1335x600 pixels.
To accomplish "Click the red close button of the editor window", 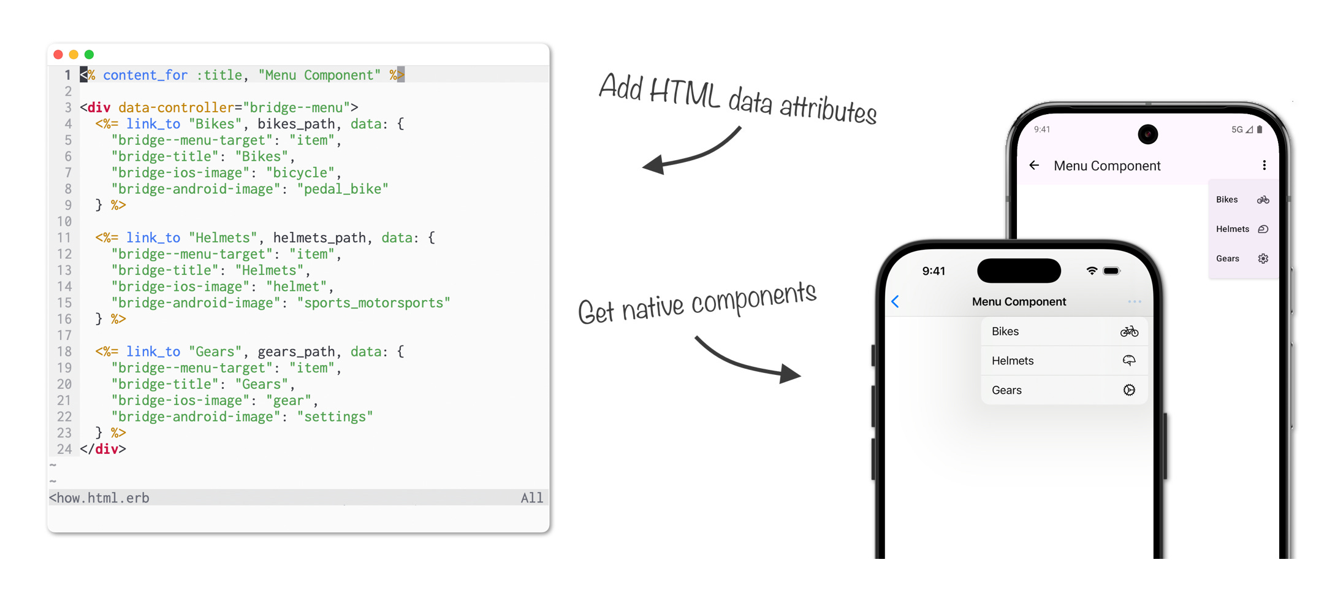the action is click(58, 55).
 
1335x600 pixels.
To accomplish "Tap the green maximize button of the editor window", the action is click(89, 55).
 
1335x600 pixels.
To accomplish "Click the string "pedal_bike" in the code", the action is click(343, 189).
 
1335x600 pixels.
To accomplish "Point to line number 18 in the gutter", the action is click(64, 352).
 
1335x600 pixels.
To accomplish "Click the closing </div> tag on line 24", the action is click(103, 449).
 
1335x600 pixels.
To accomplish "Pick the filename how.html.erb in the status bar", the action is click(99, 498).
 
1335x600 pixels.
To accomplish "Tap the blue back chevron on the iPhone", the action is click(896, 301).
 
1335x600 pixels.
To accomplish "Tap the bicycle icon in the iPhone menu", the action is click(1129, 331).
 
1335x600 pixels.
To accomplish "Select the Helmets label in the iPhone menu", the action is click(1013, 361).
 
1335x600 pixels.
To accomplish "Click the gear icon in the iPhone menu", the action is click(1129, 390).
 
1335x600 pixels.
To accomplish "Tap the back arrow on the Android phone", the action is click(1035, 165).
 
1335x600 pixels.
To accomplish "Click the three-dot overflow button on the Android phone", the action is click(1264, 165).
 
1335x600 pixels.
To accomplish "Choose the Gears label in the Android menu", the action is click(1228, 258).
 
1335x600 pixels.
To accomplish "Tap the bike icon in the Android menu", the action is click(1263, 199).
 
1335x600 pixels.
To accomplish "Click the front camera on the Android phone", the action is click(1147, 134).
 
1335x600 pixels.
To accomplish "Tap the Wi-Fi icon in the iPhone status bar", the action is click(1092, 271).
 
